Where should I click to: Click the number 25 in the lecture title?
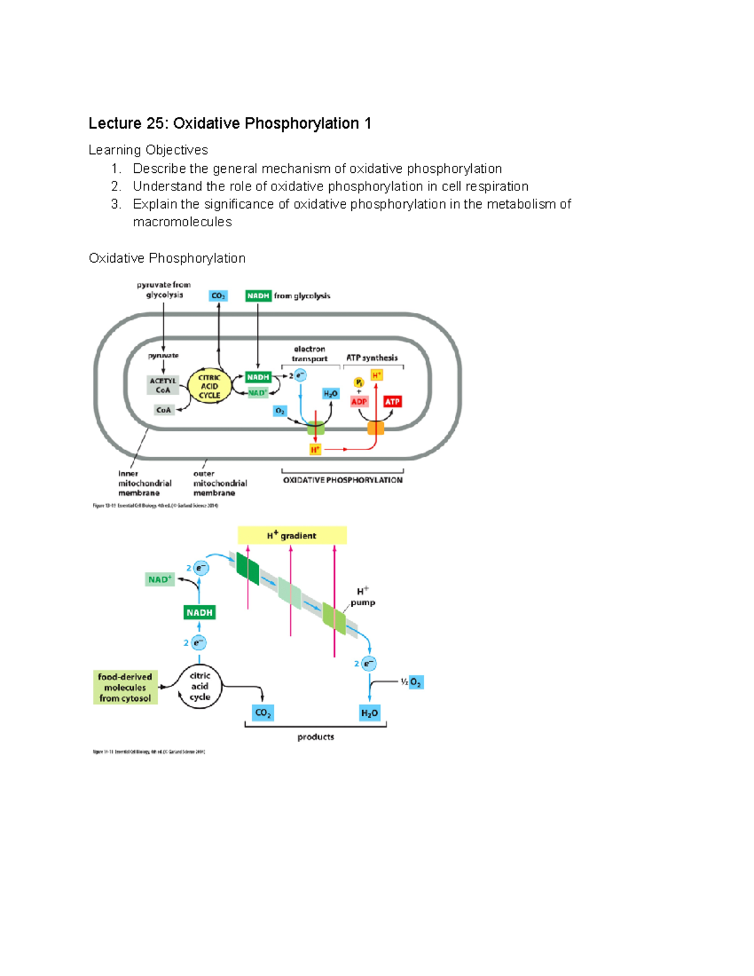[155, 123]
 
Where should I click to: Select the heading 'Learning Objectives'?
[148, 150]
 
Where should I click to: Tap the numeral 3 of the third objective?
[115, 204]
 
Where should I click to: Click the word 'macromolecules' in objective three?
[182, 222]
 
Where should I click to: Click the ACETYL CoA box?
[163, 385]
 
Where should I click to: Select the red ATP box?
[392, 402]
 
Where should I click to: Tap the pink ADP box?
[359, 402]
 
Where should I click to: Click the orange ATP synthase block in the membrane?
[376, 429]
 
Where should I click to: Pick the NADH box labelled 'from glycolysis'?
[258, 296]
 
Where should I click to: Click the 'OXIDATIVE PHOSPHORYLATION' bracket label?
[342, 480]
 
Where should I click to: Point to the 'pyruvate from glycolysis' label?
[164, 290]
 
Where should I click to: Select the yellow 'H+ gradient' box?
[292, 535]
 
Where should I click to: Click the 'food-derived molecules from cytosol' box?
[125, 688]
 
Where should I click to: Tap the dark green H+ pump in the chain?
[248, 569]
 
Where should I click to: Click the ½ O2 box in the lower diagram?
[415, 683]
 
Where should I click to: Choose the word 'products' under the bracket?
[315, 737]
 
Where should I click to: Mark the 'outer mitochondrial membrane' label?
[219, 483]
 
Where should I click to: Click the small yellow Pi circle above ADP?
[359, 382]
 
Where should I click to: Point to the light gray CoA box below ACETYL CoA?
[163, 410]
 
